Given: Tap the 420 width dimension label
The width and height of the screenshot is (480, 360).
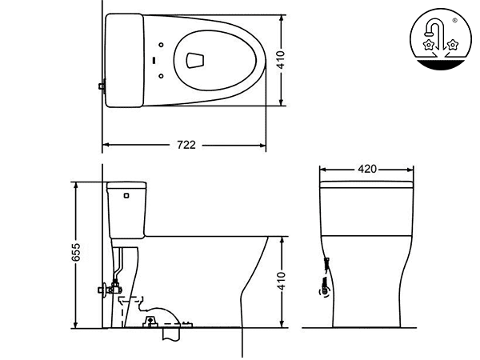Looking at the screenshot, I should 367,170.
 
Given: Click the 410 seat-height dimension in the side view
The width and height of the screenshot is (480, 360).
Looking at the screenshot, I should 282,281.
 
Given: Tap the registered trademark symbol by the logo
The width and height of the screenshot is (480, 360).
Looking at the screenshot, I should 455,21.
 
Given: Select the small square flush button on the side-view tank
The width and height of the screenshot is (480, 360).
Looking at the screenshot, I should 126,193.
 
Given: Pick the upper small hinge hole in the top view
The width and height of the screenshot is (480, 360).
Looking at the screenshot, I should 162,42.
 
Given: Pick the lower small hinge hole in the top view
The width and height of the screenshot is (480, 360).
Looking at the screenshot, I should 162,76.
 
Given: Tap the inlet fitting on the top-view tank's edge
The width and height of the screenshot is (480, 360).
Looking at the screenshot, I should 101,86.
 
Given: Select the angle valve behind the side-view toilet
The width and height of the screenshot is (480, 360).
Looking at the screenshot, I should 101,288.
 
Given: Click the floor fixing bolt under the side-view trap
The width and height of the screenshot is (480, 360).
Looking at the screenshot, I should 150,322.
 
